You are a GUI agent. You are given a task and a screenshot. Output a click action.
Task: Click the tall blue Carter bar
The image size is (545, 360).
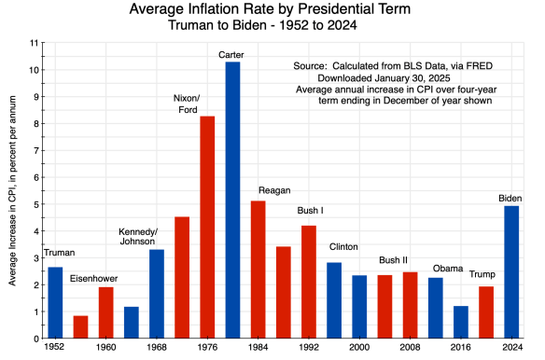232,200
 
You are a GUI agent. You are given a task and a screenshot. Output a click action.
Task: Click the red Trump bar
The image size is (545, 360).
485,312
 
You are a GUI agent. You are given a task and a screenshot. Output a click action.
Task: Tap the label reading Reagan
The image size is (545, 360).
272,191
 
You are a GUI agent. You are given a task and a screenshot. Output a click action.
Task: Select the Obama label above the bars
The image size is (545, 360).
447,269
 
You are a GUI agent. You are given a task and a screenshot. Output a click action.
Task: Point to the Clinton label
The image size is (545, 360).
344,247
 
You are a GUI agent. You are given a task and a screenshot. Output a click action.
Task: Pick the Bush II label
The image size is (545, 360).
395,260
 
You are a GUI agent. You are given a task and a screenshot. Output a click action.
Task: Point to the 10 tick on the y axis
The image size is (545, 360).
35,70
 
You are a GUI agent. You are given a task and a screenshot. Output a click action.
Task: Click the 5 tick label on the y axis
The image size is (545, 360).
36,203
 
